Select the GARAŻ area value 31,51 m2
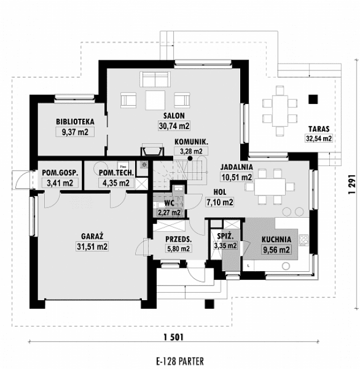click(91, 246)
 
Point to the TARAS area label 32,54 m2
click(319, 138)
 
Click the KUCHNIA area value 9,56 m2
click(277, 249)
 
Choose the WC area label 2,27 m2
click(169, 213)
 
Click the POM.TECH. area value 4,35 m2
click(115, 183)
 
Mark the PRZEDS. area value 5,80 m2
click(177, 249)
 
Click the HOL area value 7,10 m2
click(219, 202)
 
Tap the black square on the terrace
click(311, 100)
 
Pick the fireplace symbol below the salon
click(151, 151)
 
